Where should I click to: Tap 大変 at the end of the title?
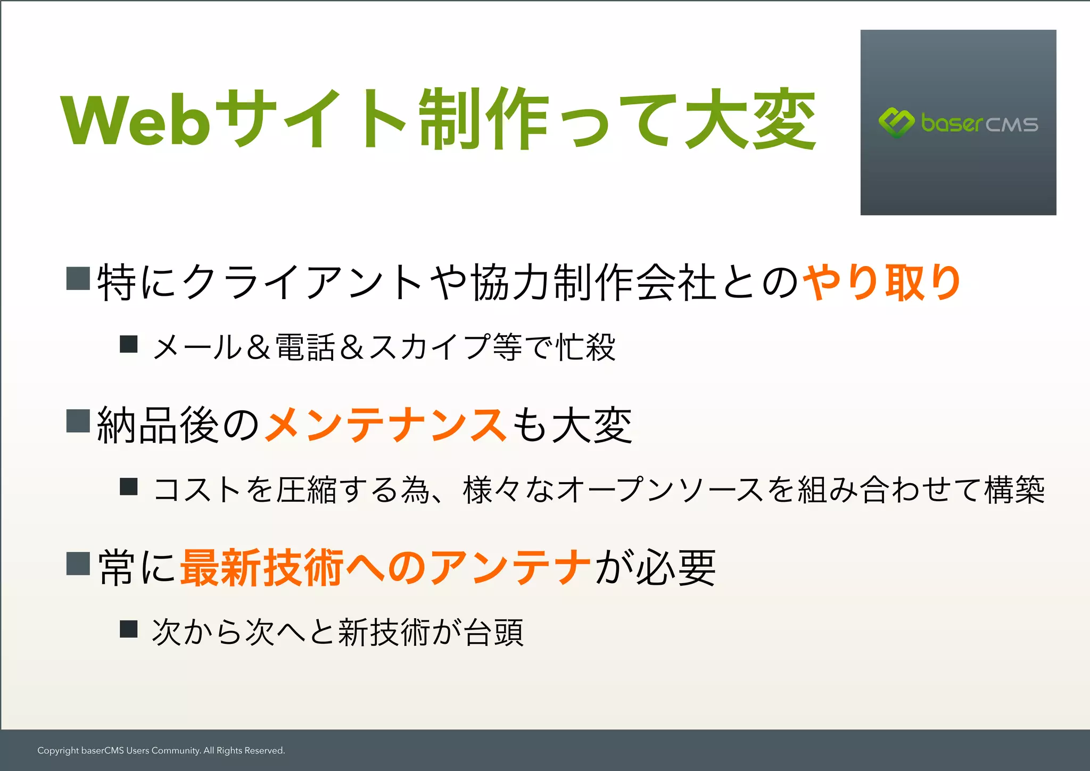click(x=750, y=119)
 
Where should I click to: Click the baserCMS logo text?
click(x=979, y=123)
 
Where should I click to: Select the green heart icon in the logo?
click(x=896, y=122)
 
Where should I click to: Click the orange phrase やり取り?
click(x=881, y=282)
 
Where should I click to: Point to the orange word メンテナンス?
click(x=386, y=425)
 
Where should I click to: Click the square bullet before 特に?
click(x=78, y=278)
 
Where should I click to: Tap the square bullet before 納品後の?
click(x=78, y=421)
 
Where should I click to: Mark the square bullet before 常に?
click(x=78, y=564)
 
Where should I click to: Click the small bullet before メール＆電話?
click(x=129, y=344)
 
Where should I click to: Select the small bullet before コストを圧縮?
click(x=129, y=487)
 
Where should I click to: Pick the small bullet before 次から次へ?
click(x=129, y=629)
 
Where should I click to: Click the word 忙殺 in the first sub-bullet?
click(x=585, y=347)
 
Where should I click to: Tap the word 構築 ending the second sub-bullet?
click(x=1014, y=490)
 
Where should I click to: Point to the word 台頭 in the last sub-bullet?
click(x=493, y=632)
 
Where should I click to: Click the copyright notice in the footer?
click(x=161, y=751)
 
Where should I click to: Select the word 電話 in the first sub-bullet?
click(x=305, y=347)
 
